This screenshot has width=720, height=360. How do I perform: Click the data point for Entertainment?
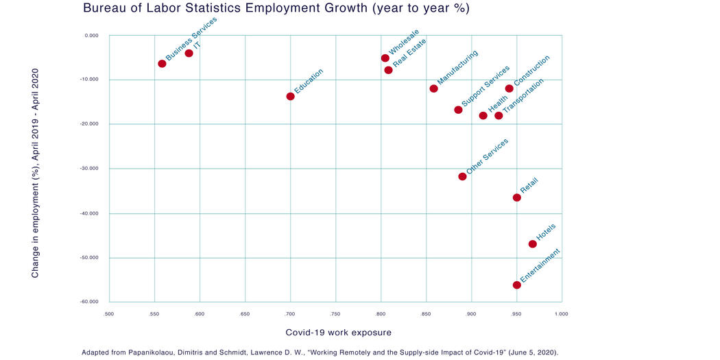(516, 285)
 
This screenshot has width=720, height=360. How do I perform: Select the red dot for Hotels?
(533, 244)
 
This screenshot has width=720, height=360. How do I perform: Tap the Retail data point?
(516, 197)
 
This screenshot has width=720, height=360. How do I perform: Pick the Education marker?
(291, 96)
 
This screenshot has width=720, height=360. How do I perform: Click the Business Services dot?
(162, 64)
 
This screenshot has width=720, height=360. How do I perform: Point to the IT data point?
(189, 53)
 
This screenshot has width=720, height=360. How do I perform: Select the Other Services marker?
(462, 176)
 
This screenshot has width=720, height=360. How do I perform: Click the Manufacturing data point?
(433, 88)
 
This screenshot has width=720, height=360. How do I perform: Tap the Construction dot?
(509, 88)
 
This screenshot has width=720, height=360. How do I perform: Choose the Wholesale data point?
(385, 58)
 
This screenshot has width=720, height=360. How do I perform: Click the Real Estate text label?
(409, 55)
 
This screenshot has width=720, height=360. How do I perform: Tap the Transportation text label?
(524, 95)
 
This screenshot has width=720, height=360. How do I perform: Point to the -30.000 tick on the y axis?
(89, 169)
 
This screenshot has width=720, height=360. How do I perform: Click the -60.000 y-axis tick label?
(89, 302)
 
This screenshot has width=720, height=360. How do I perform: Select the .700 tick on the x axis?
(290, 314)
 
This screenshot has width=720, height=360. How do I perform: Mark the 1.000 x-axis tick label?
(561, 314)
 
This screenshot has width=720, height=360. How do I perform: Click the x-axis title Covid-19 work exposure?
(338, 333)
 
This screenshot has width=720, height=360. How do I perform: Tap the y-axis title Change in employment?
(35, 172)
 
